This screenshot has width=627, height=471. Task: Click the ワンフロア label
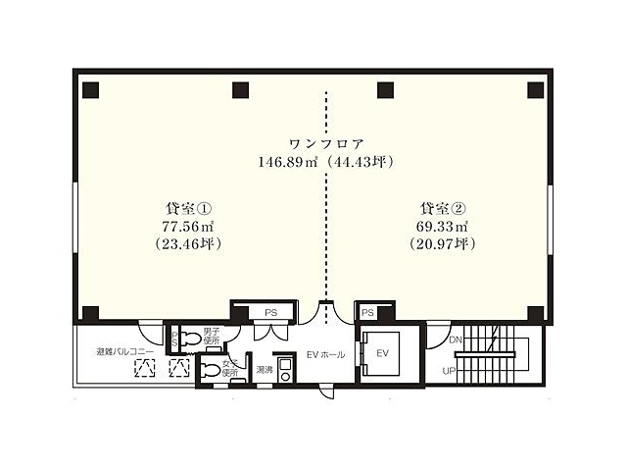(326, 142)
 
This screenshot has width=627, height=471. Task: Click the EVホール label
(325, 354)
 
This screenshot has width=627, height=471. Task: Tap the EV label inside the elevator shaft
(383, 352)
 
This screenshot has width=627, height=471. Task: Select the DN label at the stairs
(455, 340)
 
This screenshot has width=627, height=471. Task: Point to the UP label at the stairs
(449, 372)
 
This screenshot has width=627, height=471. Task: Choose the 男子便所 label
(211, 338)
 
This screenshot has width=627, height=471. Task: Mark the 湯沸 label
(265, 370)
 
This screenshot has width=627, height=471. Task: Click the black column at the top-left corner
(90, 91)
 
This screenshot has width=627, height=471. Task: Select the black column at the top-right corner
(535, 91)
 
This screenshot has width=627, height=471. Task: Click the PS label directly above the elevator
(368, 312)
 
